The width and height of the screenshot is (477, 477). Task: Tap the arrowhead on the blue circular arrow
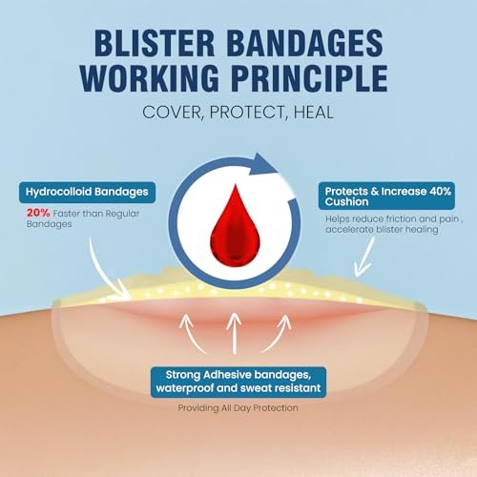tap(263, 164)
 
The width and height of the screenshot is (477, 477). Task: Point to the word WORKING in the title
tap(150, 78)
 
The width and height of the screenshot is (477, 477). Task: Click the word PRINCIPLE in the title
tap(309, 78)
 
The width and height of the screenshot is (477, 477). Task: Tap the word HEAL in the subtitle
tap(314, 113)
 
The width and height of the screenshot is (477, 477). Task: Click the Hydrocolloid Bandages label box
tap(87, 192)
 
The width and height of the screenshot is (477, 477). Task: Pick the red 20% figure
tap(38, 213)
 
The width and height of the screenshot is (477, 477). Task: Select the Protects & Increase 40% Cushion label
tap(386, 196)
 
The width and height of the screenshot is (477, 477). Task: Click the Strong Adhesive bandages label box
tap(238, 382)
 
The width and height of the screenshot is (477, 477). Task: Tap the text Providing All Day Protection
tap(238, 408)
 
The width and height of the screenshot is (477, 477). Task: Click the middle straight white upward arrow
tap(235, 333)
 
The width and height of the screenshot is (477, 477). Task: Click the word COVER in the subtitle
tap(172, 113)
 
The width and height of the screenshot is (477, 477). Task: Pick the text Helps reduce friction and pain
tap(392, 219)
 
